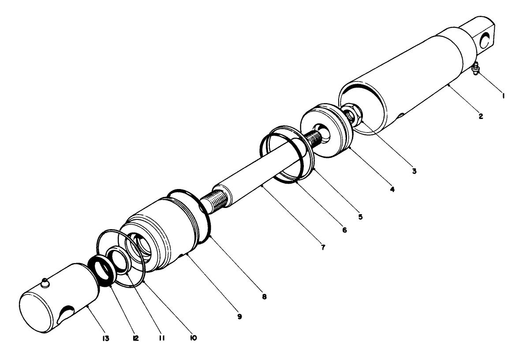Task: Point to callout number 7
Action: click(323, 248)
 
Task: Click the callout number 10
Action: click(193, 338)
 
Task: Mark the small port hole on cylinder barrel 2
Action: click(400, 116)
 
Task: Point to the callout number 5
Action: click(360, 217)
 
